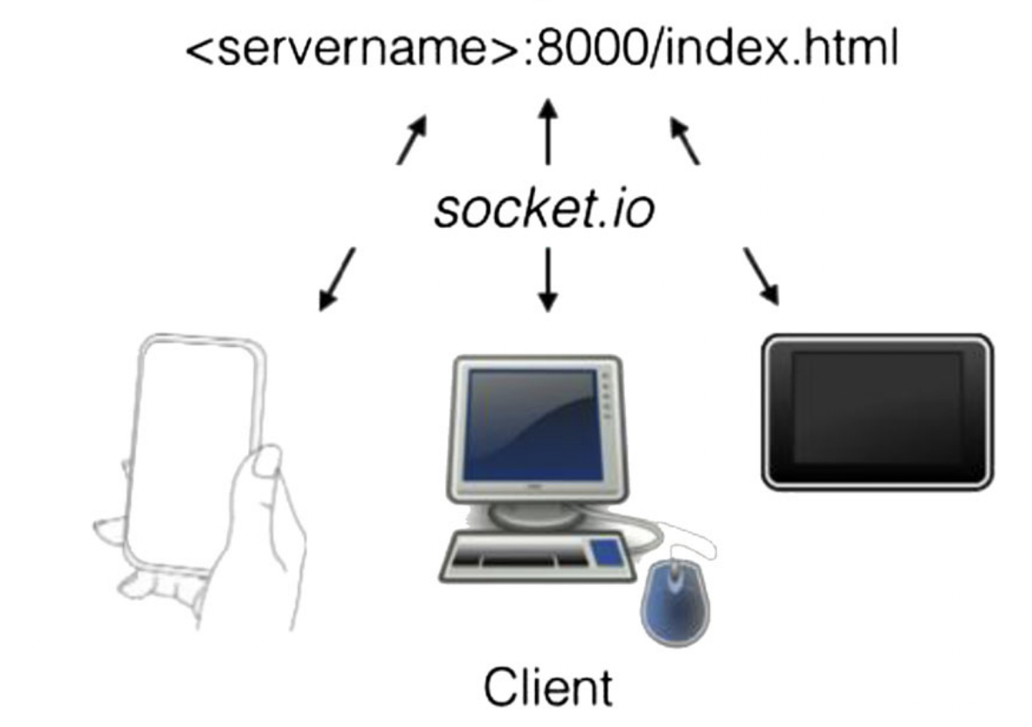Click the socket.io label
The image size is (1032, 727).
[543, 210]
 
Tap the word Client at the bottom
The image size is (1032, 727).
[548, 687]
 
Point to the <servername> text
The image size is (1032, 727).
[354, 50]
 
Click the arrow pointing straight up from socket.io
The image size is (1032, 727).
[547, 131]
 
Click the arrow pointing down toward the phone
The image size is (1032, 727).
[337, 278]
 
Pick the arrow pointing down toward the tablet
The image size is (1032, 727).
[760, 276]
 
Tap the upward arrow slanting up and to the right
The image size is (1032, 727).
[412, 140]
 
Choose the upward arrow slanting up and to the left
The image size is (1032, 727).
[685, 140]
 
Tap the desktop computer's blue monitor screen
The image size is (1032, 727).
[533, 424]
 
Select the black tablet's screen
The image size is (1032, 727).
[877, 409]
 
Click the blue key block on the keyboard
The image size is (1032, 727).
[608, 551]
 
